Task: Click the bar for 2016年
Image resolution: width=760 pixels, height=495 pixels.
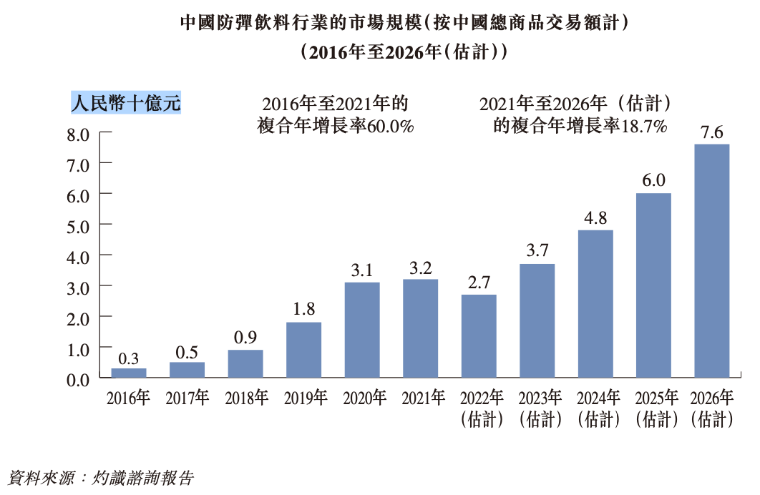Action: pos(129,373)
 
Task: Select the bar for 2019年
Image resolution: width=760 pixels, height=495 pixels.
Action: pos(304,350)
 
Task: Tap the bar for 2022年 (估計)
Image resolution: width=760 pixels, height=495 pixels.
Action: pos(479,336)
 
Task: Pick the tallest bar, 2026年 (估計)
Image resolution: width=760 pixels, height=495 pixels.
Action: pos(712,261)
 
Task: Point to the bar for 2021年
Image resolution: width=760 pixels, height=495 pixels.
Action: pos(421,328)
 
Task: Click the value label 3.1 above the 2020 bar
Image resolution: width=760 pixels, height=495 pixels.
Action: pos(362,271)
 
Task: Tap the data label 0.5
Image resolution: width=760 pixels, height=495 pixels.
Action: pos(187,351)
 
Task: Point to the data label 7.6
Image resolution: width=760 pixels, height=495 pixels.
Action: pos(712,132)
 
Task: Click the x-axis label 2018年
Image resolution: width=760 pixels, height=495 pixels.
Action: pos(245,398)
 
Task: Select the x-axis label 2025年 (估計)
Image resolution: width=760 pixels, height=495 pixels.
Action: pos(654,408)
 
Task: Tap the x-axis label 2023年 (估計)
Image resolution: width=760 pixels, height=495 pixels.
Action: pos(537,408)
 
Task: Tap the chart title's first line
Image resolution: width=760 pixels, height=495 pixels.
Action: pos(404,24)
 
